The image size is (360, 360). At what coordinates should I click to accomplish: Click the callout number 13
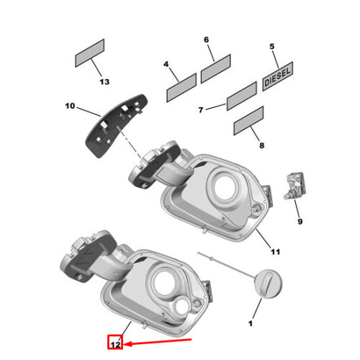point(104,82)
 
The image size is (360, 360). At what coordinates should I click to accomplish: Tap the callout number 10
point(70,107)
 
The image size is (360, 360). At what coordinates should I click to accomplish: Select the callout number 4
point(166,65)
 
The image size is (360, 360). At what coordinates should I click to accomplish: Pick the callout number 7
point(202,109)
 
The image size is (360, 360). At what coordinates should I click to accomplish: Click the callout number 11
point(274,252)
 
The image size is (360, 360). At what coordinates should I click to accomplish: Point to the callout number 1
point(251,324)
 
